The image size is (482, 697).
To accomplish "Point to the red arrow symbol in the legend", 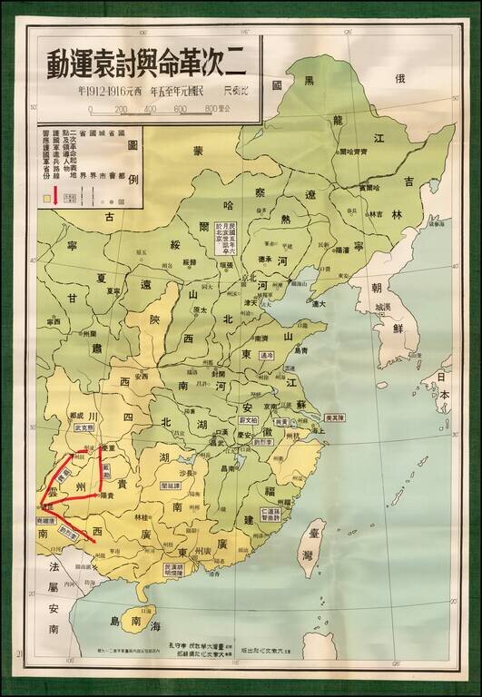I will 55,195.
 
